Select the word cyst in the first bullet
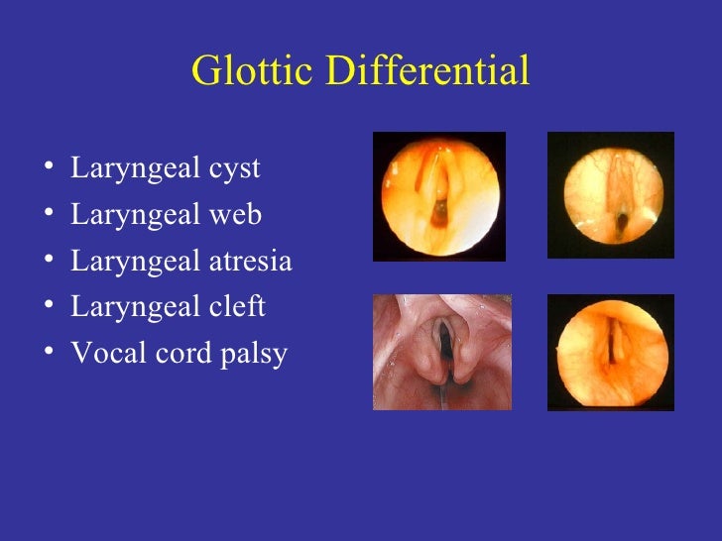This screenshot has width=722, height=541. (x=232, y=169)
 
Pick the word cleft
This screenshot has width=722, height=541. (x=236, y=307)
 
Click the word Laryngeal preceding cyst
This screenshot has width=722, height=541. (x=134, y=169)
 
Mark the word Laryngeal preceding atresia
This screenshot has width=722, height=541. (x=134, y=263)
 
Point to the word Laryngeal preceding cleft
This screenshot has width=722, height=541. (x=134, y=308)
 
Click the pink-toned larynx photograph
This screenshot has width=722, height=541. (x=442, y=352)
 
